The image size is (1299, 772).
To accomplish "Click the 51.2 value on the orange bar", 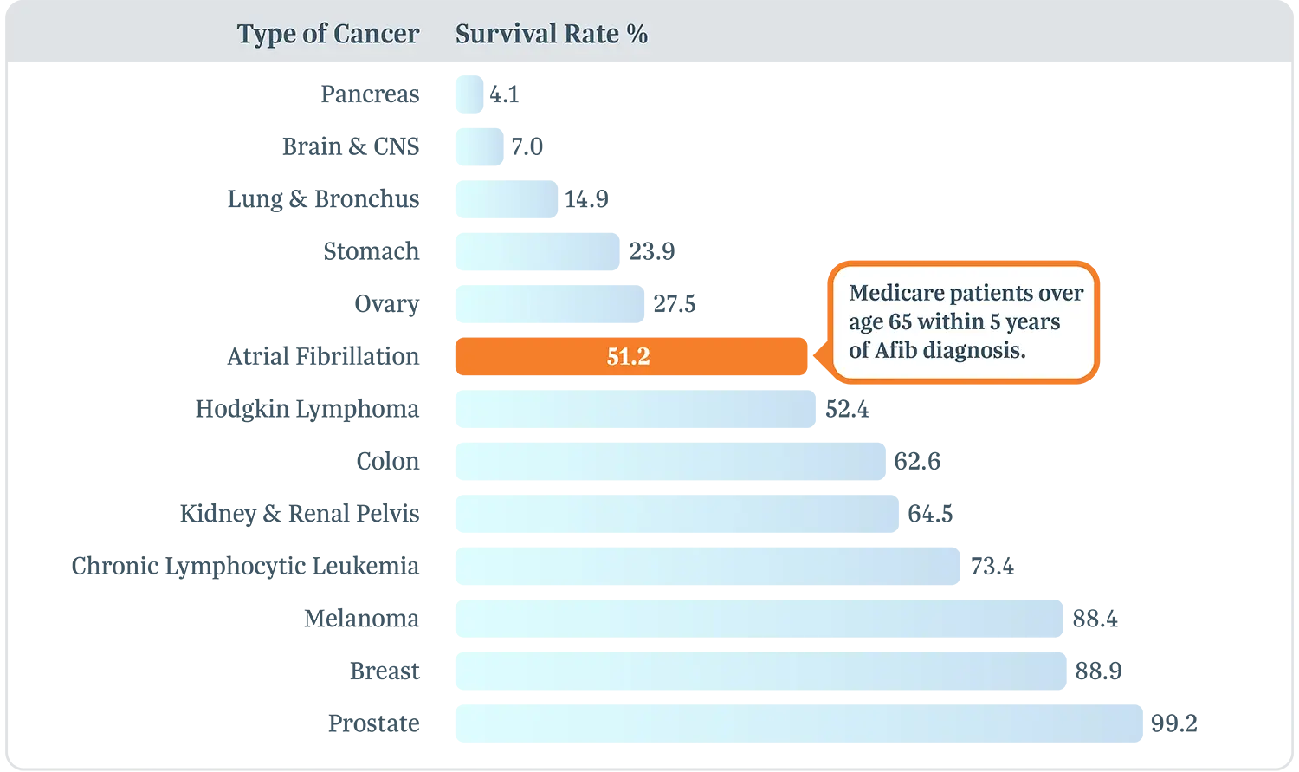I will tap(628, 356).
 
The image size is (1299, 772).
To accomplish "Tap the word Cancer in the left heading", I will tap(376, 34).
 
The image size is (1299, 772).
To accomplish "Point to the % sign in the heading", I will tap(637, 34).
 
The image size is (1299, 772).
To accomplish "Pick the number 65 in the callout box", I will tap(900, 321).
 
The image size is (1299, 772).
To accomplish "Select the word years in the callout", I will tap(1033, 322).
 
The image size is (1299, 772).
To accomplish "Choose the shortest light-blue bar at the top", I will tap(468, 94).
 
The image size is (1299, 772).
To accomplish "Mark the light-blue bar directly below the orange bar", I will tap(637, 409).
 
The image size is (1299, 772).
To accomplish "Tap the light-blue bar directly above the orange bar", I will tap(550, 305).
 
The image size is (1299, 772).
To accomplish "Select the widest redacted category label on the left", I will tap(260, 568).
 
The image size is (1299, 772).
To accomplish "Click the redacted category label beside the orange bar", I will tap(336, 355).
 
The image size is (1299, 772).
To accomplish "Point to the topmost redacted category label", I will tap(384, 94).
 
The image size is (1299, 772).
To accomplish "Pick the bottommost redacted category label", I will tap(387, 724).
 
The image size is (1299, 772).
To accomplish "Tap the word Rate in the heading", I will tap(591, 34).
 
